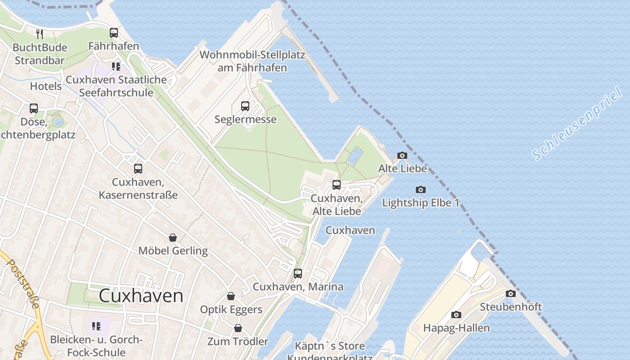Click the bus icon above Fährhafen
click(x=114, y=33)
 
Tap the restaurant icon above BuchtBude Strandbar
click(x=40, y=34)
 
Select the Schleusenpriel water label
click(x=577, y=124)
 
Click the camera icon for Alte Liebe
click(x=402, y=156)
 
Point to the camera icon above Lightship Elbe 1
click(x=421, y=189)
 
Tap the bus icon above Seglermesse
click(x=245, y=106)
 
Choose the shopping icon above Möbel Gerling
click(x=173, y=238)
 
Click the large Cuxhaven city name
click(x=141, y=296)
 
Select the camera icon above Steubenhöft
click(x=511, y=294)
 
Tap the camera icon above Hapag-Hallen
click(x=456, y=315)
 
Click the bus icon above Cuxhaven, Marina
click(x=298, y=274)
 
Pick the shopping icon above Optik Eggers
click(x=231, y=296)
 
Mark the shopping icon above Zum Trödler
click(x=238, y=328)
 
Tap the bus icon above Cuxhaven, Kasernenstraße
click(x=138, y=169)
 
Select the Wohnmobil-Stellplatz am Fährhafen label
click(x=252, y=61)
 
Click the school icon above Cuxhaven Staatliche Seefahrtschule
click(x=116, y=67)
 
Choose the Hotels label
click(x=46, y=86)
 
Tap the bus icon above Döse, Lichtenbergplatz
click(x=34, y=108)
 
